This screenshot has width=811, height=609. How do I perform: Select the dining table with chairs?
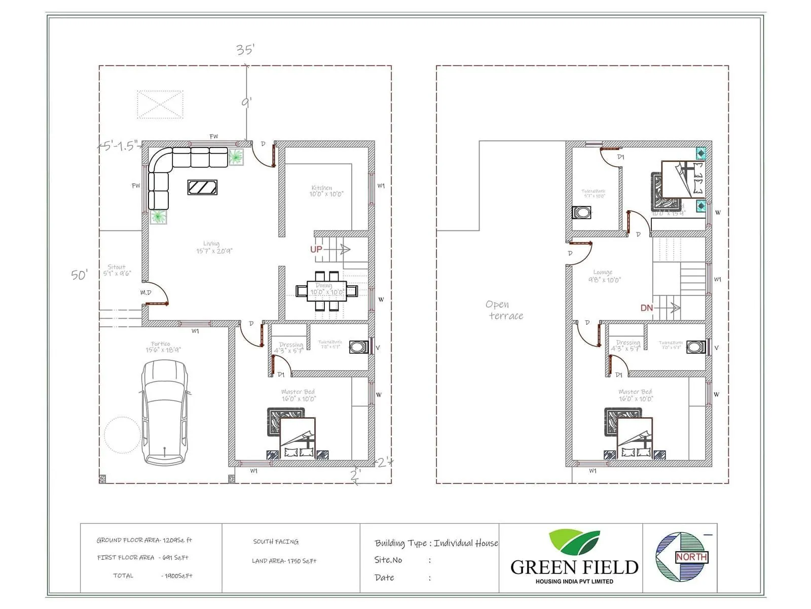(327, 291)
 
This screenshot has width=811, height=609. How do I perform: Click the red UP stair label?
(316, 249)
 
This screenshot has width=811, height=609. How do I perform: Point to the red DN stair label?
(646, 308)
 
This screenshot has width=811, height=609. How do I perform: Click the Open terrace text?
(504, 310)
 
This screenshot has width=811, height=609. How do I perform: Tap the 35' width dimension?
(245, 49)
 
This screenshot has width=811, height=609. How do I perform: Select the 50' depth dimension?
(79, 275)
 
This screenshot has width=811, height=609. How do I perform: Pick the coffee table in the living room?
(202, 187)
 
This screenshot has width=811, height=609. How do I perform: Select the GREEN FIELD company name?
(574, 567)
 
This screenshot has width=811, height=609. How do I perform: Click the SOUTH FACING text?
(276, 542)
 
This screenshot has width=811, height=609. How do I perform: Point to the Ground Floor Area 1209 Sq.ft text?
(144, 540)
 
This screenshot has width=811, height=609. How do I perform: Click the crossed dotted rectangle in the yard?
(160, 105)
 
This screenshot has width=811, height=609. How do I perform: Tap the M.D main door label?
(145, 292)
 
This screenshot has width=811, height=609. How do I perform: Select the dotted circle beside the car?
(122, 435)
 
